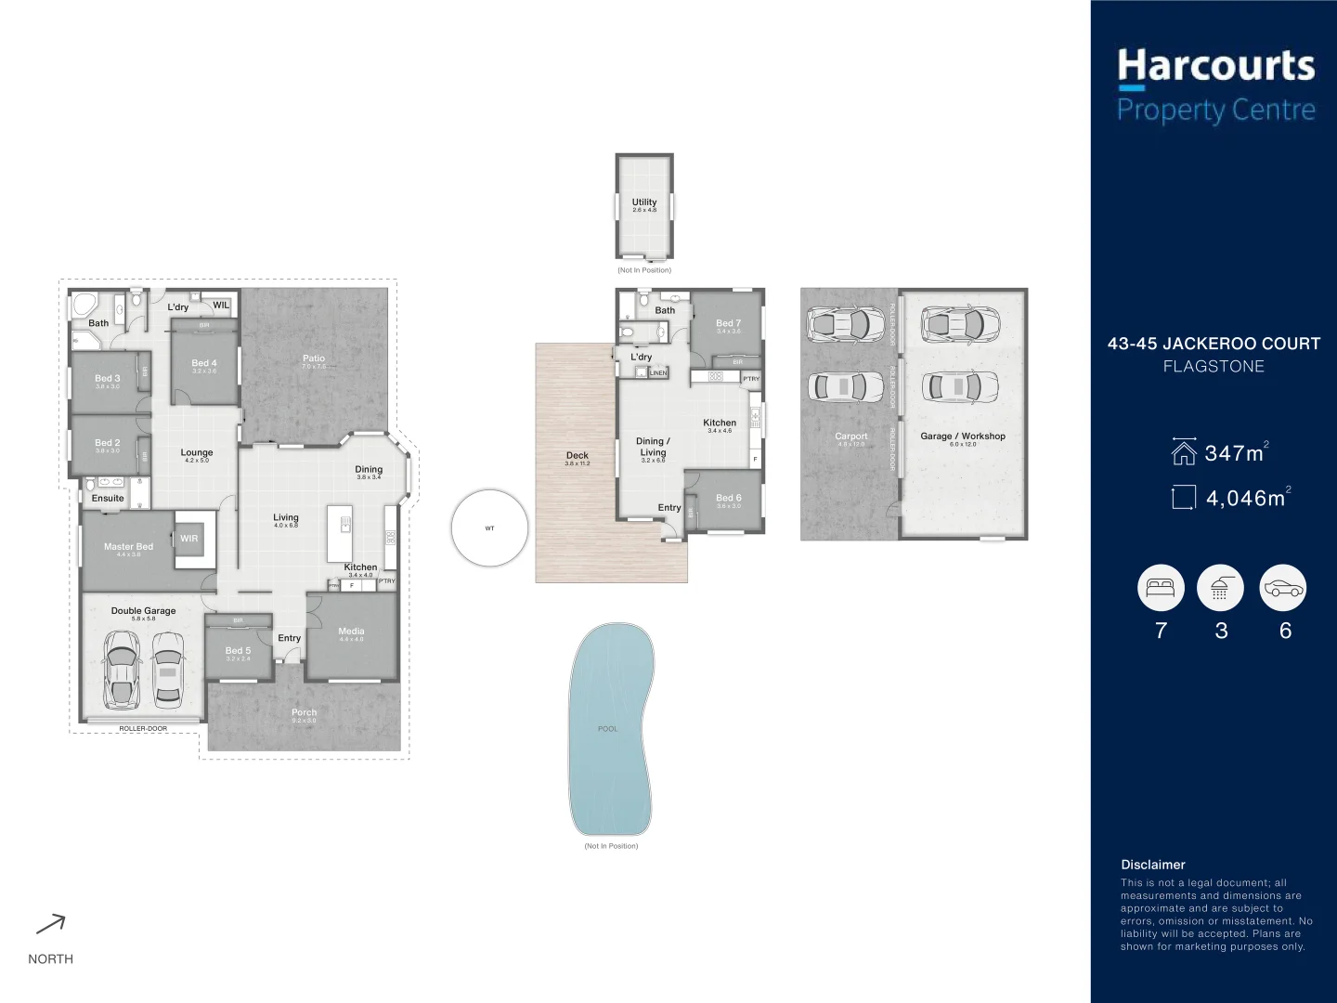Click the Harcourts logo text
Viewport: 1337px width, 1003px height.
click(x=1215, y=67)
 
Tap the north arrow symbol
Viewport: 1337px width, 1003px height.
click(x=51, y=923)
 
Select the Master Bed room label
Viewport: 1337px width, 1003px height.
click(x=128, y=547)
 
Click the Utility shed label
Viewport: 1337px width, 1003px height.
click(x=644, y=202)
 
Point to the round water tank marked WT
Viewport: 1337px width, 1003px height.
click(x=489, y=528)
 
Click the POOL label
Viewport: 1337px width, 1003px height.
click(x=608, y=729)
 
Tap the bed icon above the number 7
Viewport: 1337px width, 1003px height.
click(x=1161, y=588)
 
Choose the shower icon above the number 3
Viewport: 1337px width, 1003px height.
click(x=1220, y=588)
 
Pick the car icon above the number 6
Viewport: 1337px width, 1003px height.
click(x=1283, y=588)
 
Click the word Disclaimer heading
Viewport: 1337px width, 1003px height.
click(x=1153, y=865)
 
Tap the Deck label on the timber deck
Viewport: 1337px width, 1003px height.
click(x=578, y=456)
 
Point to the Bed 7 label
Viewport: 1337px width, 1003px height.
click(x=729, y=323)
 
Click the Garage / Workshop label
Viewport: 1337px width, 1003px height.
click(x=963, y=436)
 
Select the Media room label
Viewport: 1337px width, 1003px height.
click(x=351, y=632)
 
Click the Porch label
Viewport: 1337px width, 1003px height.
click(x=304, y=713)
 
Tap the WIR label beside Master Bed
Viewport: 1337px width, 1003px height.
click(x=188, y=539)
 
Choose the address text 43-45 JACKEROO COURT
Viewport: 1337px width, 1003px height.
click(x=1214, y=344)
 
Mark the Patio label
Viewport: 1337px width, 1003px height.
click(x=314, y=358)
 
